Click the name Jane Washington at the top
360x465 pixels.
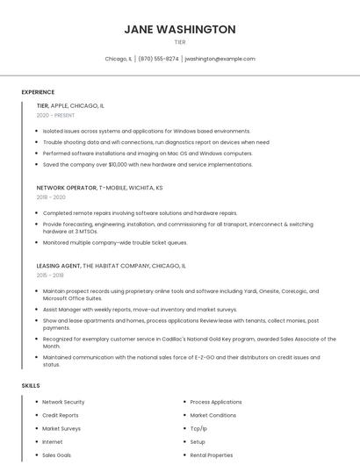point(180,29)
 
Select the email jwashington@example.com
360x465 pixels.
point(220,59)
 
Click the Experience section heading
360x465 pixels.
point(38,92)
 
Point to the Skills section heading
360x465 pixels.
point(31,385)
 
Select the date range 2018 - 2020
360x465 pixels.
point(51,197)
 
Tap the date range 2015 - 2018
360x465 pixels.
point(51,275)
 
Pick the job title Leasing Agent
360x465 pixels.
point(59,265)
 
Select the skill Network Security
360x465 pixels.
point(63,402)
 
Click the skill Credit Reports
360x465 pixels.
point(61,415)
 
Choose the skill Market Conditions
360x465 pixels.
point(212,415)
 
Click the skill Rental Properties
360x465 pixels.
point(212,455)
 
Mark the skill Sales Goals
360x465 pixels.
point(57,455)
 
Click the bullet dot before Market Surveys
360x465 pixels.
point(36,428)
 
